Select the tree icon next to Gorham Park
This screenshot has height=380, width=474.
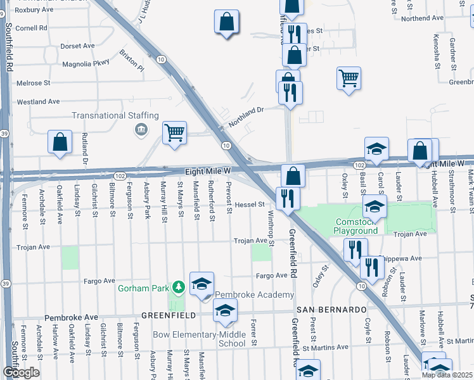click(179, 288)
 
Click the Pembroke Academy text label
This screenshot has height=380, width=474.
click(254, 295)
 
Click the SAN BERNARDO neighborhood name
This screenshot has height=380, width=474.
click(331, 310)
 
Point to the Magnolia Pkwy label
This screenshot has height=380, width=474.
click(86, 64)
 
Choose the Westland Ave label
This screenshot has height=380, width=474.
click(38, 101)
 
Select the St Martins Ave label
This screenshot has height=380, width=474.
click(325, 348)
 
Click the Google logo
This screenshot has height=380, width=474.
click(21, 372)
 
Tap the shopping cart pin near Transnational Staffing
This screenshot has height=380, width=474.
click(174, 133)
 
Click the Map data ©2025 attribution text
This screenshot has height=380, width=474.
click(447, 375)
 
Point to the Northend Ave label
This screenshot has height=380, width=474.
click(422, 18)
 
